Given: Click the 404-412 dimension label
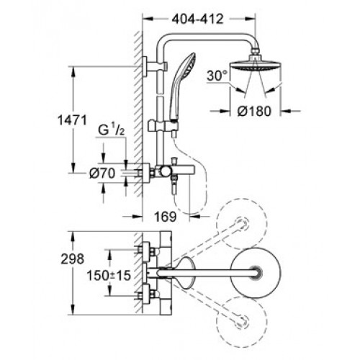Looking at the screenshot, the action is click(197, 19).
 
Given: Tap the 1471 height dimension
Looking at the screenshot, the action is click(72, 120).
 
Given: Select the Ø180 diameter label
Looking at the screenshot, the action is click(254, 111).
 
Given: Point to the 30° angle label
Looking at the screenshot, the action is click(217, 76).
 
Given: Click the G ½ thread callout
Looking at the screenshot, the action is click(111, 131).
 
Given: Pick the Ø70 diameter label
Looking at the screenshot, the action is click(102, 173).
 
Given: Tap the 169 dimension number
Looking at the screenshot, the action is click(166, 217).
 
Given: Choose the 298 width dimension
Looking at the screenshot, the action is click(72, 259).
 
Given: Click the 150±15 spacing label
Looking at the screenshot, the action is click(109, 275).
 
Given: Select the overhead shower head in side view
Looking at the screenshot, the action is click(256, 66).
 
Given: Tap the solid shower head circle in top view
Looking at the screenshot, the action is click(256, 272).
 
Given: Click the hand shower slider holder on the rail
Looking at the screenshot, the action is click(163, 125).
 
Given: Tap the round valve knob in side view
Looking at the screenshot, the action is click(165, 171).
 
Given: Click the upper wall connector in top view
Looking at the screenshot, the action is click(147, 251).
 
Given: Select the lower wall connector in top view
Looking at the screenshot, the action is click(147, 294).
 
